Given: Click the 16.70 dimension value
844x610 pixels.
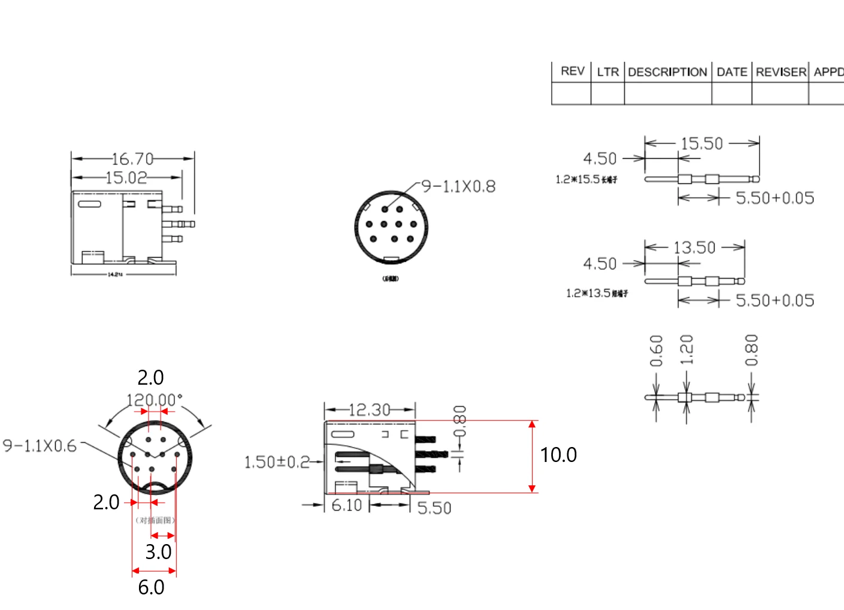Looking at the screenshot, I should [x=132, y=159].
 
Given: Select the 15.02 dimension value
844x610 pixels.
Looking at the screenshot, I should [x=126, y=177].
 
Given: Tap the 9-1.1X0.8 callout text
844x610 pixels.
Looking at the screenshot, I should [x=459, y=186].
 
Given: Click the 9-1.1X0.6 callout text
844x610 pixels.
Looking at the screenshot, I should [x=40, y=446].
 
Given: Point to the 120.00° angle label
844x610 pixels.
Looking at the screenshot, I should [x=154, y=400].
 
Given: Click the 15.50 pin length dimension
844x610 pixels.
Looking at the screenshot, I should [x=701, y=143].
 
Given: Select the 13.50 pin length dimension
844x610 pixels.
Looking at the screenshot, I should [x=694, y=247].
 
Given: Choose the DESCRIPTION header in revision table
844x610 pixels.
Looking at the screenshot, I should [x=667, y=72].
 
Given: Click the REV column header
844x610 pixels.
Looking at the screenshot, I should [x=572, y=71].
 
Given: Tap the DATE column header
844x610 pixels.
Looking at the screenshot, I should [x=731, y=72].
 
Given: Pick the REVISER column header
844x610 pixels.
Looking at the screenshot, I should [x=781, y=72].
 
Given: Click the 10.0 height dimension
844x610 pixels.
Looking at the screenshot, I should [x=558, y=455].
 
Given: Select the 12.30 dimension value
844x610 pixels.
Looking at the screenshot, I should [x=369, y=410].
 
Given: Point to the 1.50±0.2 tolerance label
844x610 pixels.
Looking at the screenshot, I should [x=277, y=462].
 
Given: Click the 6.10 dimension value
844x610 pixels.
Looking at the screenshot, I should [x=347, y=505].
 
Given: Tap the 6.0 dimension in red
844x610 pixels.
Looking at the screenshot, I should [x=151, y=587].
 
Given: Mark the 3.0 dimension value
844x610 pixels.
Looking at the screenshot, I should [x=158, y=552].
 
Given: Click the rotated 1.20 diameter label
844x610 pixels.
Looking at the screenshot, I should [x=686, y=350].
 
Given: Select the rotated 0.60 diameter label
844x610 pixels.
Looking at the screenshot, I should [x=657, y=351].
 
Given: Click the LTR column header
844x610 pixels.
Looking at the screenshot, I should [x=607, y=72].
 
